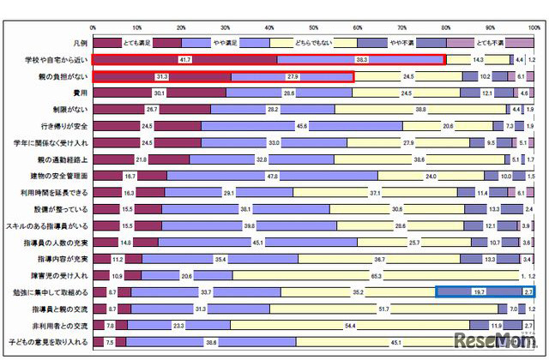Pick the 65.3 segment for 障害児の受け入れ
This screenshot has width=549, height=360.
[376, 275]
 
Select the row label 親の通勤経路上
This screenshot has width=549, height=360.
[62, 159]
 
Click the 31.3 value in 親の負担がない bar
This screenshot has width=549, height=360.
[163, 76]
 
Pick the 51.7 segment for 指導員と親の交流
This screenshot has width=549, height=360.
[384, 309]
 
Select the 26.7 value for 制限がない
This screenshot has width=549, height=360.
[152, 110]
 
